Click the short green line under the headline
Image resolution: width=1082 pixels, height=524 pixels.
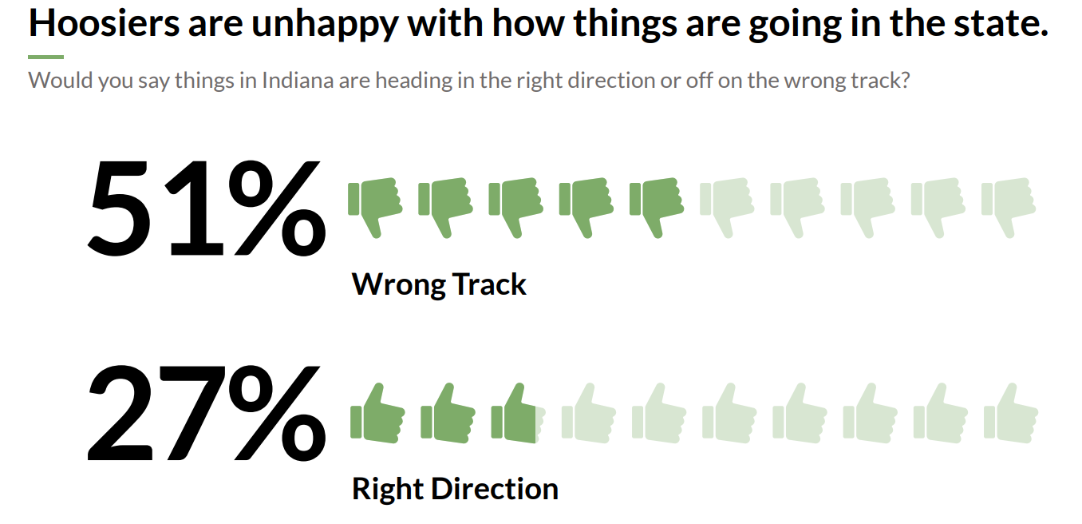(45, 57)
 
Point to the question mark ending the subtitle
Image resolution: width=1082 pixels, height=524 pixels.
(904, 81)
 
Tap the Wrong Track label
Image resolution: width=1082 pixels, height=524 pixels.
(439, 284)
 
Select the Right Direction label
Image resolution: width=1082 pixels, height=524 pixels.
(455, 489)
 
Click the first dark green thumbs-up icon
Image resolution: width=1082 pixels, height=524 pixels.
(377, 415)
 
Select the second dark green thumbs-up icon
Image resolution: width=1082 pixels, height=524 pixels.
(448, 415)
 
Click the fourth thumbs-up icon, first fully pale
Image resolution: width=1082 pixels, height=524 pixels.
(588, 415)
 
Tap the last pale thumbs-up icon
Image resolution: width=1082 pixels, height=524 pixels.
(1010, 415)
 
